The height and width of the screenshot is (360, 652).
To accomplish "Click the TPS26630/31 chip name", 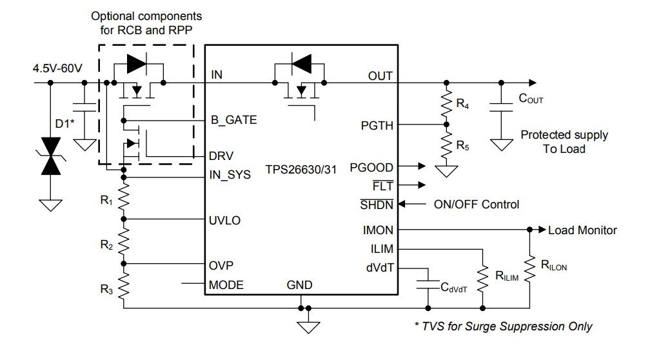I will pos(303,171).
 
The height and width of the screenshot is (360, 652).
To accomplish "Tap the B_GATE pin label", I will pos(233,120).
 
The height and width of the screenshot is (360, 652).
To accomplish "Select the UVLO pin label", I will pos(225,220).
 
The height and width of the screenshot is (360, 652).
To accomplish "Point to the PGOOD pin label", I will pos(371,167).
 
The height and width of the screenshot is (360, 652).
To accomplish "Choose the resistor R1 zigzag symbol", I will pos(124,198).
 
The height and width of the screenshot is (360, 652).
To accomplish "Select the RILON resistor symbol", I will pos(529,268).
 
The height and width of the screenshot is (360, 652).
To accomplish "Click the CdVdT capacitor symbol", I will pos(426,283).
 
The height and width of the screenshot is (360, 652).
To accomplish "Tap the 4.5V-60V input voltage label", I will pos(57,68).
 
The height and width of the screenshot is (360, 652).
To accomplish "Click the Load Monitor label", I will pos(582,230).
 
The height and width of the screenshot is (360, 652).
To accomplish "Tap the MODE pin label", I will pos(226,285).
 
